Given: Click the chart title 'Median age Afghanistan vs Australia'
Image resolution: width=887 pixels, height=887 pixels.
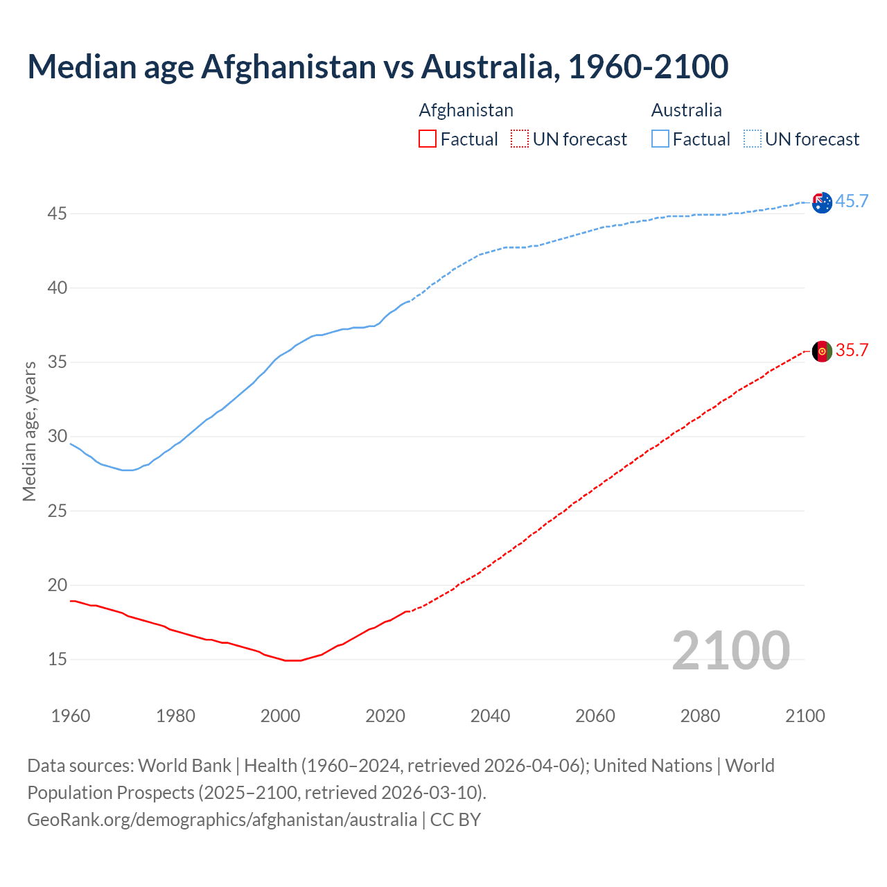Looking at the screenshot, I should tap(378, 67).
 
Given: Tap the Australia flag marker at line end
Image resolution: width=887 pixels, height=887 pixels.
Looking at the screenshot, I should tap(822, 202).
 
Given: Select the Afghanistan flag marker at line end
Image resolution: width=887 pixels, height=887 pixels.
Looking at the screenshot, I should tap(822, 351).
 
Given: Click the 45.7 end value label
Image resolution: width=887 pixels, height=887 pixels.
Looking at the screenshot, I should tap(852, 202).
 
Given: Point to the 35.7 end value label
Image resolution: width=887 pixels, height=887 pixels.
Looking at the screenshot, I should tap(852, 351).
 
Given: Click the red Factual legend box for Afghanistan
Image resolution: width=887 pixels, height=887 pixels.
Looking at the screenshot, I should tap(428, 139).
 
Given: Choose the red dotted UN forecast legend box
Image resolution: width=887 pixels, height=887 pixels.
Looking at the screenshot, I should tap(520, 139).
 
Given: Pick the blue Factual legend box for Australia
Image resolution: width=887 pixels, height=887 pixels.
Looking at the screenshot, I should tap(660, 139).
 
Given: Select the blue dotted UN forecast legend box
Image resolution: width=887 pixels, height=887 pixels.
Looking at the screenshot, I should tap(753, 139).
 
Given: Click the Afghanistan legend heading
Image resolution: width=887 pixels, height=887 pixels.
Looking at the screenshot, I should tap(466, 110).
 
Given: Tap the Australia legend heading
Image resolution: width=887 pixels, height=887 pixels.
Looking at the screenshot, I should tap(686, 110).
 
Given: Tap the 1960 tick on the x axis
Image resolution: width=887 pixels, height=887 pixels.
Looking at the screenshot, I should tap(71, 716).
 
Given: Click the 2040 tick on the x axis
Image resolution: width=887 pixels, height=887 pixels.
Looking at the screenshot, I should tap(490, 716).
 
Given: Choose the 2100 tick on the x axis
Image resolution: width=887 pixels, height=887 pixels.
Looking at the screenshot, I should tap(805, 716).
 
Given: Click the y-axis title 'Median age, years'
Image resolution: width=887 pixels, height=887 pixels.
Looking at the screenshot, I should tap(29, 431).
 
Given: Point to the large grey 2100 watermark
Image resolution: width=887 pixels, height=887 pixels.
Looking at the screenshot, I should tap(730, 651).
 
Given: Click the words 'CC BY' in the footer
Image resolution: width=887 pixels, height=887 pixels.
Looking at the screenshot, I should tap(455, 820).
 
